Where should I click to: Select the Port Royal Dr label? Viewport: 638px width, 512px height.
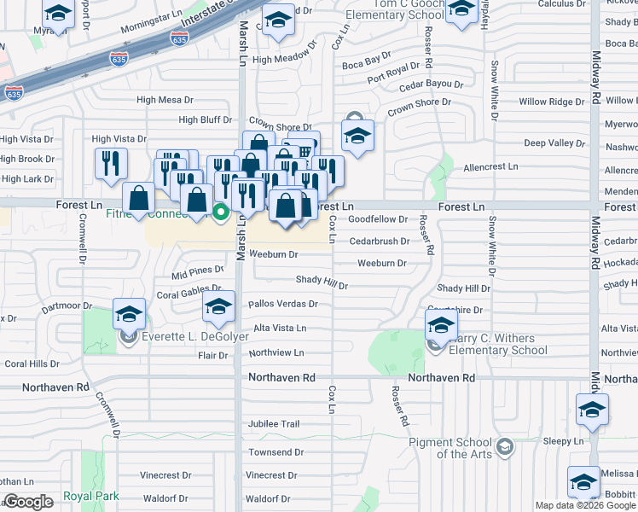pyautogui.click(x=391, y=74)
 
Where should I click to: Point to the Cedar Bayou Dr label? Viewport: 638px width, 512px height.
pyautogui.click(x=431, y=84)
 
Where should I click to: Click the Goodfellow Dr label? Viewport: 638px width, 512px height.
pyautogui.click(x=379, y=219)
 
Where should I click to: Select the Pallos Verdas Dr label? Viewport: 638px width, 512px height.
pyautogui.click(x=282, y=303)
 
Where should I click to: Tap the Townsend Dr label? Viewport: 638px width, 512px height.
pyautogui.click(x=276, y=451)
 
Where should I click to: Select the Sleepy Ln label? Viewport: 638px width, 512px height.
pyautogui.click(x=562, y=441)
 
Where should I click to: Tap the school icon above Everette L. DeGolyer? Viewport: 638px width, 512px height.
pyautogui.click(x=129, y=313)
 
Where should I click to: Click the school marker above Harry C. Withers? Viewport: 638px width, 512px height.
pyautogui.click(x=441, y=323)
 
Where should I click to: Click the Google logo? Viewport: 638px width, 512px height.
pyautogui.click(x=29, y=502)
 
